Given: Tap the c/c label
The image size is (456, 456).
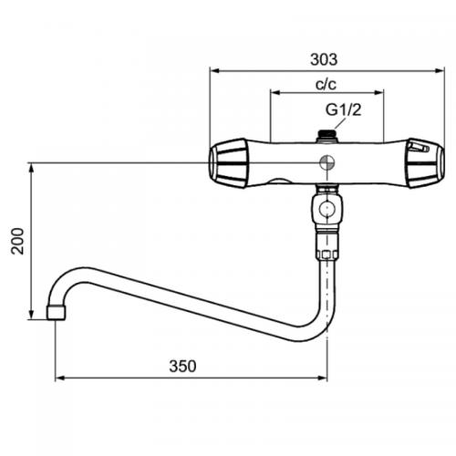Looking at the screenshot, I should point(325,84).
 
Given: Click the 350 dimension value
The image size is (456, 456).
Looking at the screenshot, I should point(182,366).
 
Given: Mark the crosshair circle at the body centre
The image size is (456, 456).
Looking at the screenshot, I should point(326,162).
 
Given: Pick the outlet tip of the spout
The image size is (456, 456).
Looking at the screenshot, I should point(56,313).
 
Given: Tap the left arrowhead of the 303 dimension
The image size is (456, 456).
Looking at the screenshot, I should point(213,69).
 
